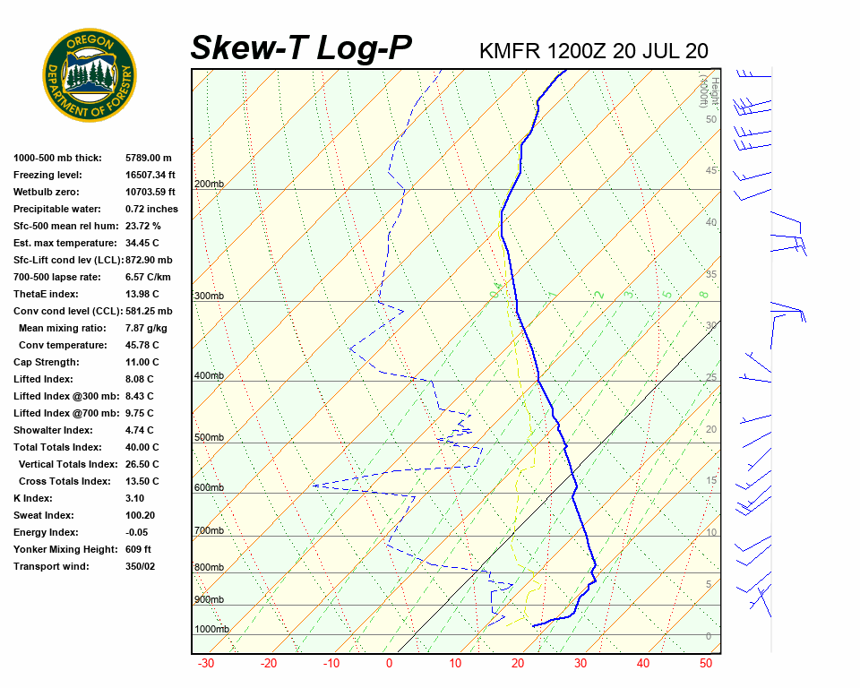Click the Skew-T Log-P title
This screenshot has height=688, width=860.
click(301, 48)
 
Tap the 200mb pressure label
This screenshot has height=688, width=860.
click(209, 185)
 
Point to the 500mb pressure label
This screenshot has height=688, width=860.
click(209, 438)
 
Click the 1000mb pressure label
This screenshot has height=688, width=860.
click(211, 630)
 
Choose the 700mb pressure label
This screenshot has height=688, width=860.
click(209, 531)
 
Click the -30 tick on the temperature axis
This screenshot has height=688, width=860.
click(205, 664)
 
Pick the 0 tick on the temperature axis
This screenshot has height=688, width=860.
click(389, 664)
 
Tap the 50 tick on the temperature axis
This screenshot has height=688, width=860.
click(706, 664)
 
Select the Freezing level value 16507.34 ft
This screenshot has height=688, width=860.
click(150, 175)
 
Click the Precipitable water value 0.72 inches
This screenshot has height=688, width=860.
click(151, 209)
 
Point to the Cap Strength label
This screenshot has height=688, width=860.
click(46, 362)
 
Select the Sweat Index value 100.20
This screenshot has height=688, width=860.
click(143, 515)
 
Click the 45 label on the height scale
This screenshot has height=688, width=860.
click(711, 171)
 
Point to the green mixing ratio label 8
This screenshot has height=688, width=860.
click(704, 294)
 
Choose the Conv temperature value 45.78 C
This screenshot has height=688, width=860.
click(142, 345)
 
